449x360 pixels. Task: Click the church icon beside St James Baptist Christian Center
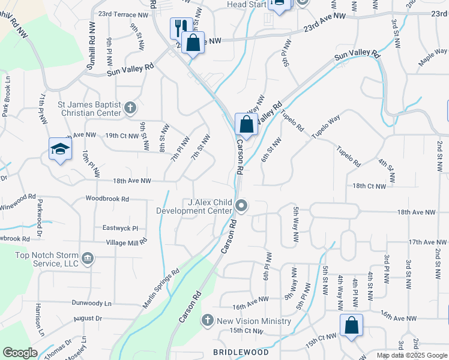(130, 109)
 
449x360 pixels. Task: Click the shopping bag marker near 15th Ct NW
(351, 326)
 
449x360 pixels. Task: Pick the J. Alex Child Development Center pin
(241, 206)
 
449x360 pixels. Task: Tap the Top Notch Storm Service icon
(88, 258)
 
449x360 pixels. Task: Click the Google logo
(20, 353)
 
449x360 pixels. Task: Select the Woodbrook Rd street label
(107, 198)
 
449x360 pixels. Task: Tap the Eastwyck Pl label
(120, 228)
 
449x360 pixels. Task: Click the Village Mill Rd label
(127, 242)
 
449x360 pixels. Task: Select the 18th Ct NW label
(369, 186)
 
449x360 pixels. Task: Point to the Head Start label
(245, 4)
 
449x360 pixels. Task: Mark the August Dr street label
(89, 317)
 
